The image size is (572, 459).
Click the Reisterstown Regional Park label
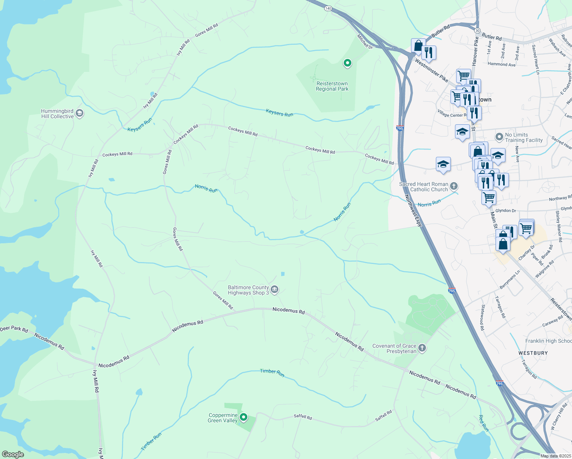(x=332, y=86)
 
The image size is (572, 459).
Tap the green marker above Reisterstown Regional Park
(x=347, y=63)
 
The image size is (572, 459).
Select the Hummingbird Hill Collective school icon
(x=80, y=113)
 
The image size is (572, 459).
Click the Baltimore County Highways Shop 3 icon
(x=275, y=290)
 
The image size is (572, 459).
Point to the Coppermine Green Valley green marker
(x=243, y=417)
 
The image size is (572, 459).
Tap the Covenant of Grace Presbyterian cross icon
(x=422, y=348)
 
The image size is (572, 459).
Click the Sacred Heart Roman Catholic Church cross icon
(x=454, y=186)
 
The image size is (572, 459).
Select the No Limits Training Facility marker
(x=499, y=137)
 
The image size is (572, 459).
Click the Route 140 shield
(x=328, y=8)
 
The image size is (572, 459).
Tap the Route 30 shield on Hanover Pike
(x=477, y=30)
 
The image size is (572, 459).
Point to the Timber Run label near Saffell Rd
(x=272, y=373)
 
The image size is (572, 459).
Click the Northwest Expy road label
(x=413, y=210)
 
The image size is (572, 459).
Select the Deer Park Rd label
(x=14, y=329)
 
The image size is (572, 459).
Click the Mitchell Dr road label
(x=365, y=41)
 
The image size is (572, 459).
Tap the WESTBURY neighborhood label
(x=533, y=353)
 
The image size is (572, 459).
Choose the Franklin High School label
(x=548, y=341)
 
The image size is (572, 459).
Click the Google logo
(x=13, y=454)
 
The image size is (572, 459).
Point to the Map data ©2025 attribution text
(x=555, y=456)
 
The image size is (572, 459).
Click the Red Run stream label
(x=484, y=423)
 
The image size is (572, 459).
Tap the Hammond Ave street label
(x=502, y=64)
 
